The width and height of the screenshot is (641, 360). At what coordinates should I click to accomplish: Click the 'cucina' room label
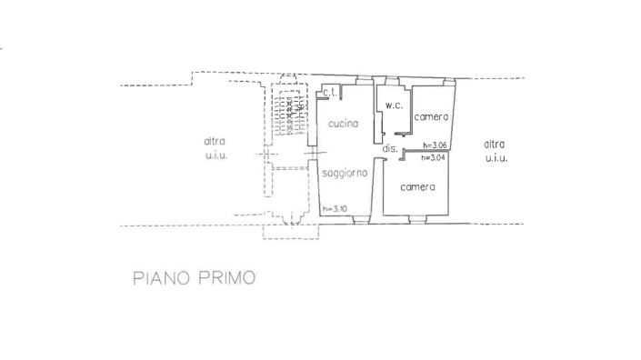[343, 124]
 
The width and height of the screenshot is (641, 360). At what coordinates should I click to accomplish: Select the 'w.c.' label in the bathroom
[394, 105]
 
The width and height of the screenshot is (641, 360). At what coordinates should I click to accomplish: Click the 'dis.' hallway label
[389, 148]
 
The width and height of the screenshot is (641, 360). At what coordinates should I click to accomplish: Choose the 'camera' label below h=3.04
[417, 187]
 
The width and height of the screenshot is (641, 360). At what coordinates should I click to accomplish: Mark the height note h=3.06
[435, 145]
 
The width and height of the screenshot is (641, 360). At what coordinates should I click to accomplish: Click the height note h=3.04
[435, 157]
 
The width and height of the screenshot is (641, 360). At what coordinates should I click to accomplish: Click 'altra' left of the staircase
[215, 142]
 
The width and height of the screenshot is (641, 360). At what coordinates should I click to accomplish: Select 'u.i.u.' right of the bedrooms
[496, 158]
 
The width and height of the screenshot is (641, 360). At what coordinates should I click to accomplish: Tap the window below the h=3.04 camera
[419, 220]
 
